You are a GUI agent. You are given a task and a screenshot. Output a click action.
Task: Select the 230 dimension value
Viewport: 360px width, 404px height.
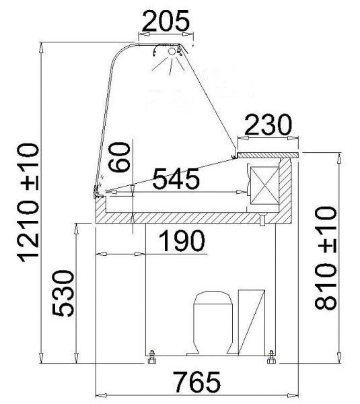click(x=267, y=125)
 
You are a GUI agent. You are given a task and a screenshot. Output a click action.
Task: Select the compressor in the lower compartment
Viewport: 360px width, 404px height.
click(x=213, y=323)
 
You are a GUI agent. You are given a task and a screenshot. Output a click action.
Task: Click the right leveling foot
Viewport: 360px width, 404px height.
click(x=271, y=357)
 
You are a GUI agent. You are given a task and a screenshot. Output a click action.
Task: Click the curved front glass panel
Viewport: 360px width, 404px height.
click(x=111, y=114)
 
